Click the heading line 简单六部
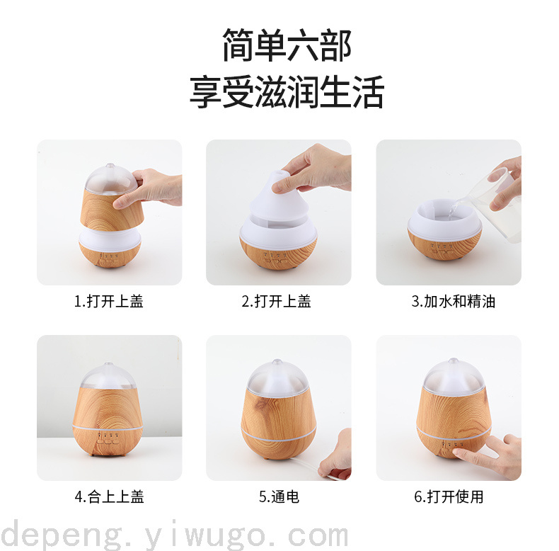[x=287, y=45]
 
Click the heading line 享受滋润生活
[x=287, y=92]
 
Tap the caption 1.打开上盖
[x=109, y=302]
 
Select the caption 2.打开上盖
[x=276, y=302]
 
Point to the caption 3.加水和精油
[x=454, y=302]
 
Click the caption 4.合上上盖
[x=109, y=496]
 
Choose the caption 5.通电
[x=279, y=496]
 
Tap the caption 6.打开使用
[x=449, y=496]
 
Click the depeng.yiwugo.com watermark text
[x=174, y=535]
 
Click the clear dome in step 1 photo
[x=110, y=180]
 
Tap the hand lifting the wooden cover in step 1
[x=150, y=188]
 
